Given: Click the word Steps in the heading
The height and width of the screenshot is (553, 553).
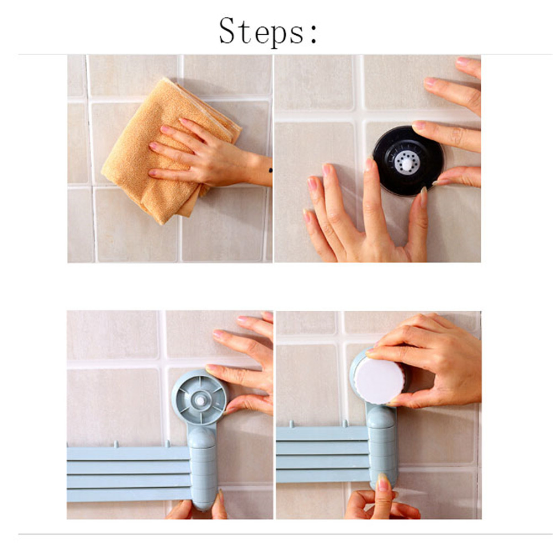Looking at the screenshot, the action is [262, 31].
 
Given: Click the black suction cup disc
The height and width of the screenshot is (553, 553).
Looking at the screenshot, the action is [408, 161].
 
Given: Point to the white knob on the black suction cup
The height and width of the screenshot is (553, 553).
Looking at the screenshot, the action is [407, 164].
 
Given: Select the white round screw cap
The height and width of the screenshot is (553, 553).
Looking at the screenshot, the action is [380, 381].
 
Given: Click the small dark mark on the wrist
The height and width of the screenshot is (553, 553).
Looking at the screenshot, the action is [270, 171].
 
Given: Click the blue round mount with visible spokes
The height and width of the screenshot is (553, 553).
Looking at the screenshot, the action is [200, 398].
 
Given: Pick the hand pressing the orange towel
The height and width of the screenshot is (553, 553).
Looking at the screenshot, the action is [208, 155].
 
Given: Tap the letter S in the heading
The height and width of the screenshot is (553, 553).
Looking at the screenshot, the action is [227, 31].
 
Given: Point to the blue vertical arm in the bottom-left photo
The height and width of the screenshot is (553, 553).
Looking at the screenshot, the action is [202, 466].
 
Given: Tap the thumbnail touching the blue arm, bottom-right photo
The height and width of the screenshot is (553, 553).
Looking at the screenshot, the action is [382, 482].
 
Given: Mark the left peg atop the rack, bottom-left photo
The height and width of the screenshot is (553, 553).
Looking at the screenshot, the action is [116, 444].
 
